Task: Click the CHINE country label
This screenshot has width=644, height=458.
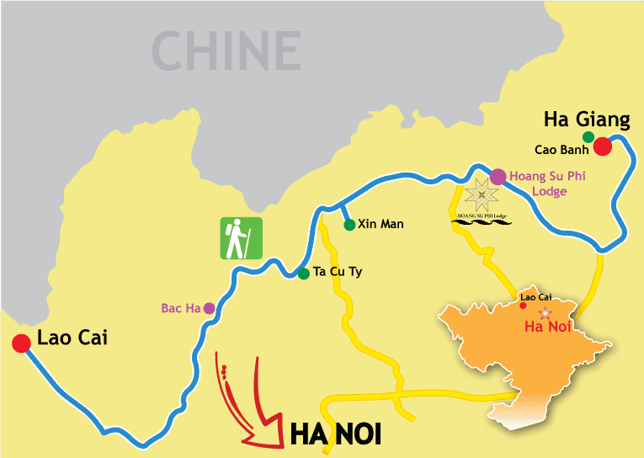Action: pos(226,50)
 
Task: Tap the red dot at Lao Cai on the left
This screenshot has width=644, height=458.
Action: pos(20,343)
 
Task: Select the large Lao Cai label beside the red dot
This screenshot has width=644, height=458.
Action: pos(72,338)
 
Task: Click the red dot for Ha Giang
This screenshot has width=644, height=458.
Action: pos(602,147)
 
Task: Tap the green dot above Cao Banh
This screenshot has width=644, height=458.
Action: pos(588,136)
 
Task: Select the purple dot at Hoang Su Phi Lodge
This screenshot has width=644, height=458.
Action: pos(498,176)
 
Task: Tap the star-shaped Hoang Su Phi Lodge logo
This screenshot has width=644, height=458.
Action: pos(481,196)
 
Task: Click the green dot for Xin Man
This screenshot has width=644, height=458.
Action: pos(349,225)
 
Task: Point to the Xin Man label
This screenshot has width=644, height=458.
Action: pos(381,224)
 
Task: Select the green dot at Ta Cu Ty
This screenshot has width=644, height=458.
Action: pos(303,273)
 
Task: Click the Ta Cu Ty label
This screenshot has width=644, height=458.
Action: pos(337,272)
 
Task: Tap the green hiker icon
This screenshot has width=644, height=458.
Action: pos(242,238)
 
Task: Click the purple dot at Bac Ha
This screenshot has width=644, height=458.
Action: pos(209,308)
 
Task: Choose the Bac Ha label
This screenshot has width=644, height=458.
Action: pos(180,308)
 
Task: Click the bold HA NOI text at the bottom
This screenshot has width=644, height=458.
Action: pos(336,434)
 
